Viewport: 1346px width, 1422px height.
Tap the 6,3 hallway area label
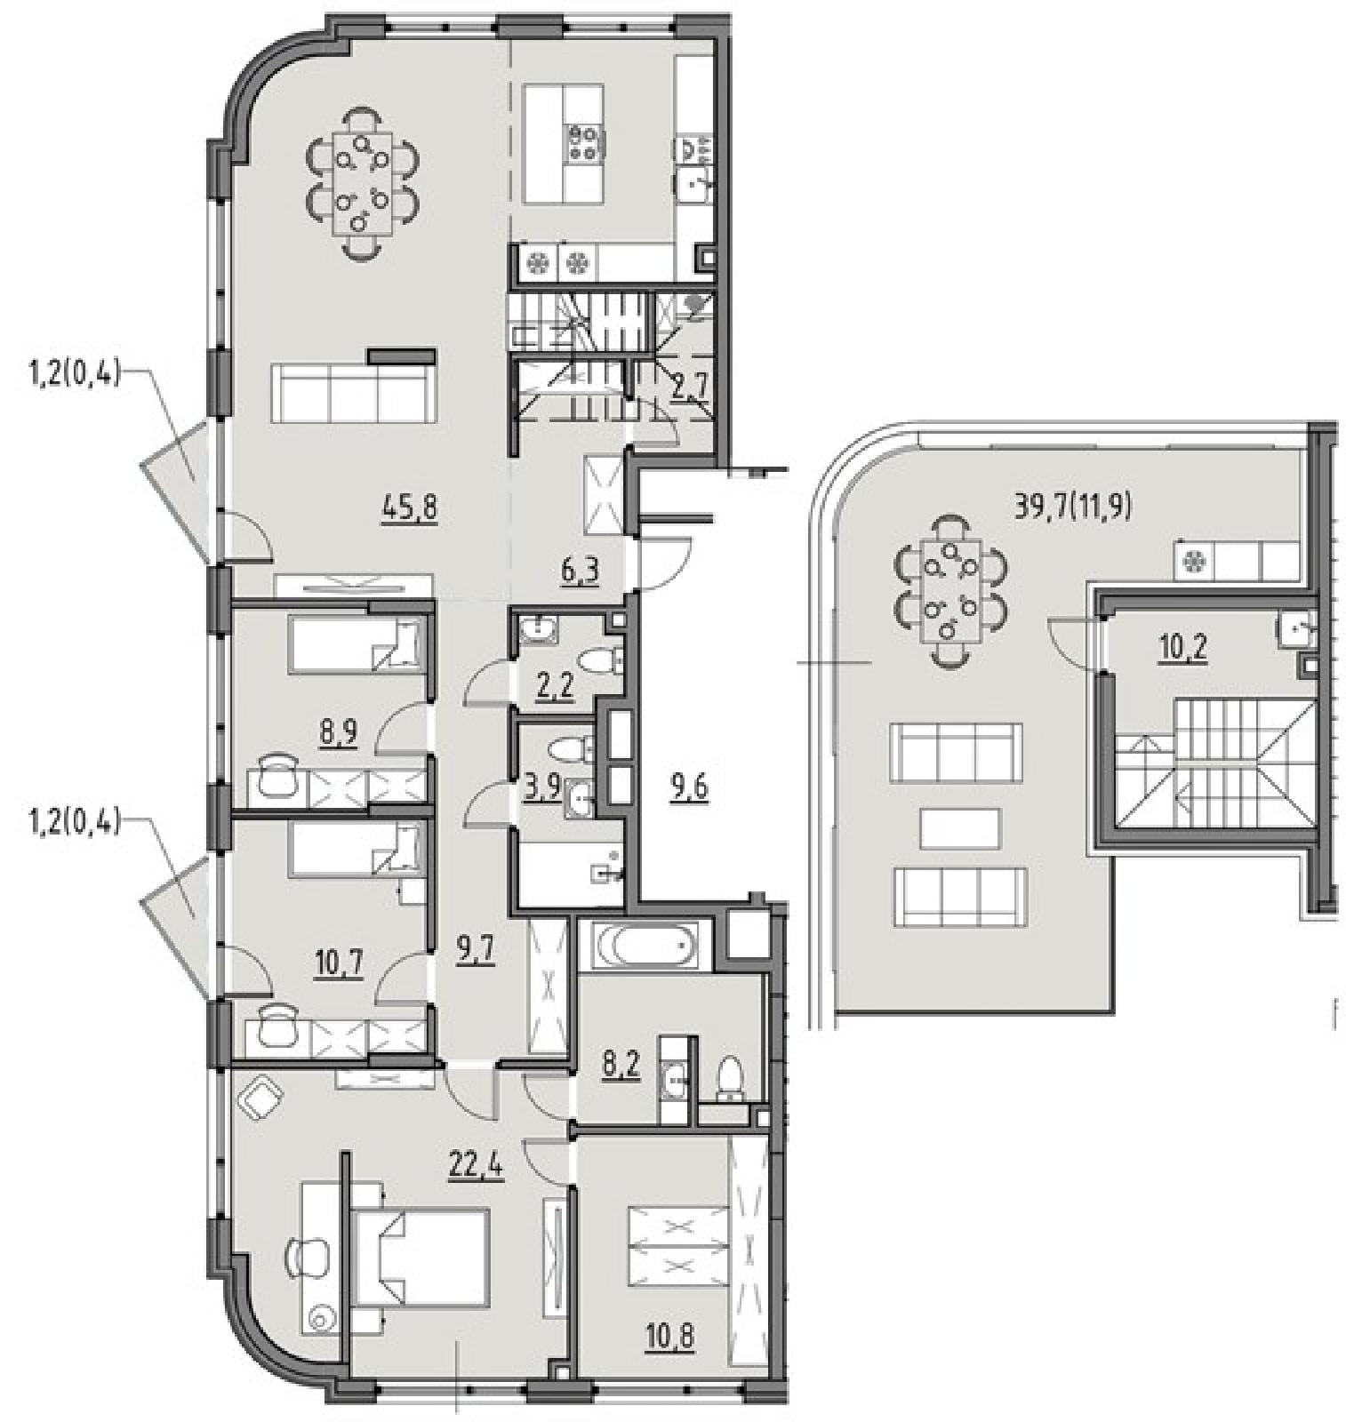click(x=579, y=569)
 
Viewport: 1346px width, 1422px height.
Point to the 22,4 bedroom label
click(x=477, y=1163)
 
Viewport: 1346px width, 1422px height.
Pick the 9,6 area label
click(x=690, y=787)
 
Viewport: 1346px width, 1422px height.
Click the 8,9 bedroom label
click(x=337, y=734)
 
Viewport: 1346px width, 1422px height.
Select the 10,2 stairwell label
click(x=1182, y=648)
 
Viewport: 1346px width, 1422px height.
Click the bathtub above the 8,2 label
click(x=646, y=948)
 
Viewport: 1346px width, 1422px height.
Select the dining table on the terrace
click(x=952, y=587)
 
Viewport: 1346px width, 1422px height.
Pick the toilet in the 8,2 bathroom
click(x=729, y=1079)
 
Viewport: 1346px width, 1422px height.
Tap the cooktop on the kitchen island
click(x=584, y=142)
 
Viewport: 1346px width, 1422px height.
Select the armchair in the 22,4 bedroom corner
click(x=260, y=1098)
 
